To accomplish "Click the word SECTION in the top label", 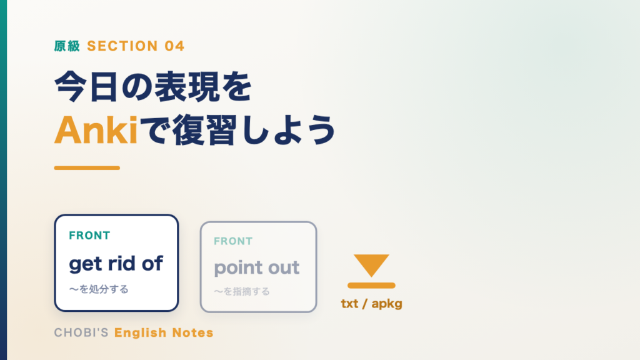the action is click(122, 46).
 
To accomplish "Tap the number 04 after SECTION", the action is click(175, 46).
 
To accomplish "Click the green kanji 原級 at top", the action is click(67, 46).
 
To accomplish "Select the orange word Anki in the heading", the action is click(96, 130).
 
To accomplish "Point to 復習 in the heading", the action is click(205, 130).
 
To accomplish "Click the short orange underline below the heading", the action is click(87, 167).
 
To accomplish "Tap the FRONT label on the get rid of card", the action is click(89, 236).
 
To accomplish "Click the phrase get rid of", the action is click(116, 264).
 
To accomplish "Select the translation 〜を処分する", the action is click(99, 289).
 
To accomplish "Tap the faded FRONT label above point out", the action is click(233, 241).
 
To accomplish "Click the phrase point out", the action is click(257, 267).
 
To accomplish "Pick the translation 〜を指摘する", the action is click(242, 291).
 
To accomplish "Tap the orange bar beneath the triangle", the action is click(371, 285).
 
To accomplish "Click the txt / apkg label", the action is click(371, 304).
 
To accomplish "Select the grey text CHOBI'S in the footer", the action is click(81, 332).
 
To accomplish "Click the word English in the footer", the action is click(141, 332).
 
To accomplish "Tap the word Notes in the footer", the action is click(192, 332).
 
